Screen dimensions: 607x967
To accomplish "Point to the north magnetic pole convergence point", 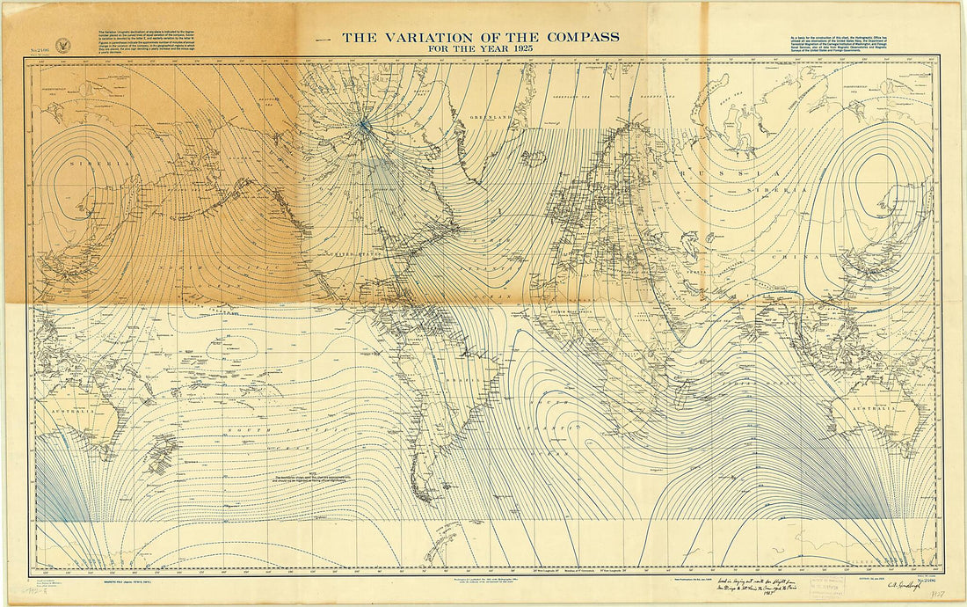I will (x=362, y=126).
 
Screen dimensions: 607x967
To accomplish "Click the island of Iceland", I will (x=534, y=157).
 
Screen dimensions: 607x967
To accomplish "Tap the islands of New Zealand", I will (x=159, y=457).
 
